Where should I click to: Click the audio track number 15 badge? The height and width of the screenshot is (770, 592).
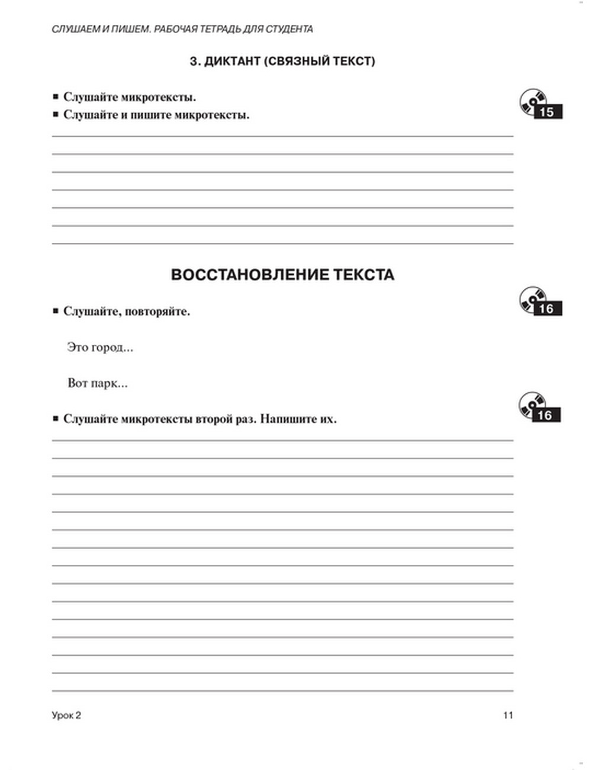pyautogui.click(x=547, y=112)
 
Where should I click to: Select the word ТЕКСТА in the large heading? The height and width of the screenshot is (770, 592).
pyautogui.click(x=364, y=275)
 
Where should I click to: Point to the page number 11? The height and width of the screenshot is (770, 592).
pyautogui.click(x=508, y=715)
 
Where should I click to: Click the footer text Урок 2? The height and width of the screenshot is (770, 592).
pyautogui.click(x=66, y=715)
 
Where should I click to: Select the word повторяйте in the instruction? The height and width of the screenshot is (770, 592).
pyautogui.click(x=159, y=312)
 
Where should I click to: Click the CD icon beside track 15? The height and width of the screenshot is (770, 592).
pyautogui.click(x=531, y=101)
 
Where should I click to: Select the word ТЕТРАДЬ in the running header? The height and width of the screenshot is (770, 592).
pyautogui.click(x=216, y=29)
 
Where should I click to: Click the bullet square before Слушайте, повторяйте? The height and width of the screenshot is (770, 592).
pyautogui.click(x=56, y=311)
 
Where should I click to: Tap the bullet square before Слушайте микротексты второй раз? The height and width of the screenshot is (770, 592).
pyautogui.click(x=56, y=418)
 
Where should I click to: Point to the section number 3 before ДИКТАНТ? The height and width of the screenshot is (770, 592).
pyautogui.click(x=193, y=61)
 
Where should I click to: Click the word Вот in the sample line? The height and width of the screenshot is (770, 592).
pyautogui.click(x=78, y=383)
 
